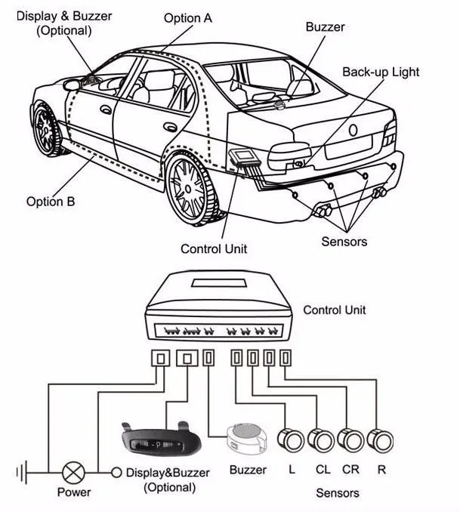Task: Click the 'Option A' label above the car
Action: (x=190, y=17)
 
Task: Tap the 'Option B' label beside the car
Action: (x=50, y=201)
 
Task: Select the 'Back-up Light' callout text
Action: (x=381, y=72)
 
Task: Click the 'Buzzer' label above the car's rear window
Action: (x=325, y=27)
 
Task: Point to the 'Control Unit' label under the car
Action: (x=214, y=248)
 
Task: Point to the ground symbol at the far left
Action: (x=22, y=473)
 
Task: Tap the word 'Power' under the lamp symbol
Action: (x=74, y=492)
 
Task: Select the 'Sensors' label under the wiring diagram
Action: (x=336, y=493)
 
